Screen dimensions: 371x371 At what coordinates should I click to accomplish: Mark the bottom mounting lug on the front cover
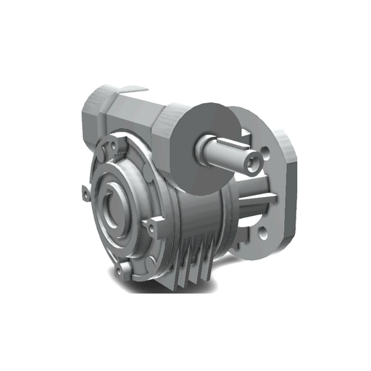[x=125, y=270]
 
